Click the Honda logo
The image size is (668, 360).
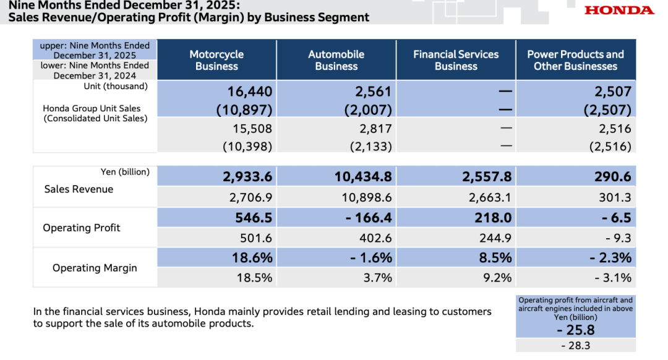tap(619, 10)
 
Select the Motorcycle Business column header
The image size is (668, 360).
tap(216, 60)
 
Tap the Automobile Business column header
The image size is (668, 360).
tap(336, 60)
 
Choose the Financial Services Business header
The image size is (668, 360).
tap(456, 60)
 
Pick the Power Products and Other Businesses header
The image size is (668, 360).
tap(575, 60)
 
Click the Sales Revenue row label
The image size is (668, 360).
tap(79, 189)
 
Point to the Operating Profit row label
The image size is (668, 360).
tap(81, 228)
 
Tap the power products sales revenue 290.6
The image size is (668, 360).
tap(612, 177)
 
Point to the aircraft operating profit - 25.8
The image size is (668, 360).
tap(576, 330)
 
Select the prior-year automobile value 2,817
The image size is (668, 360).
tap(377, 129)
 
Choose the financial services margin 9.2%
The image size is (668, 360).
tap(498, 278)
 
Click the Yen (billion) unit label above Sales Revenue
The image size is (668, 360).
tap(125, 172)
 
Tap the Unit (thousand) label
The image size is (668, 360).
tap(116, 86)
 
